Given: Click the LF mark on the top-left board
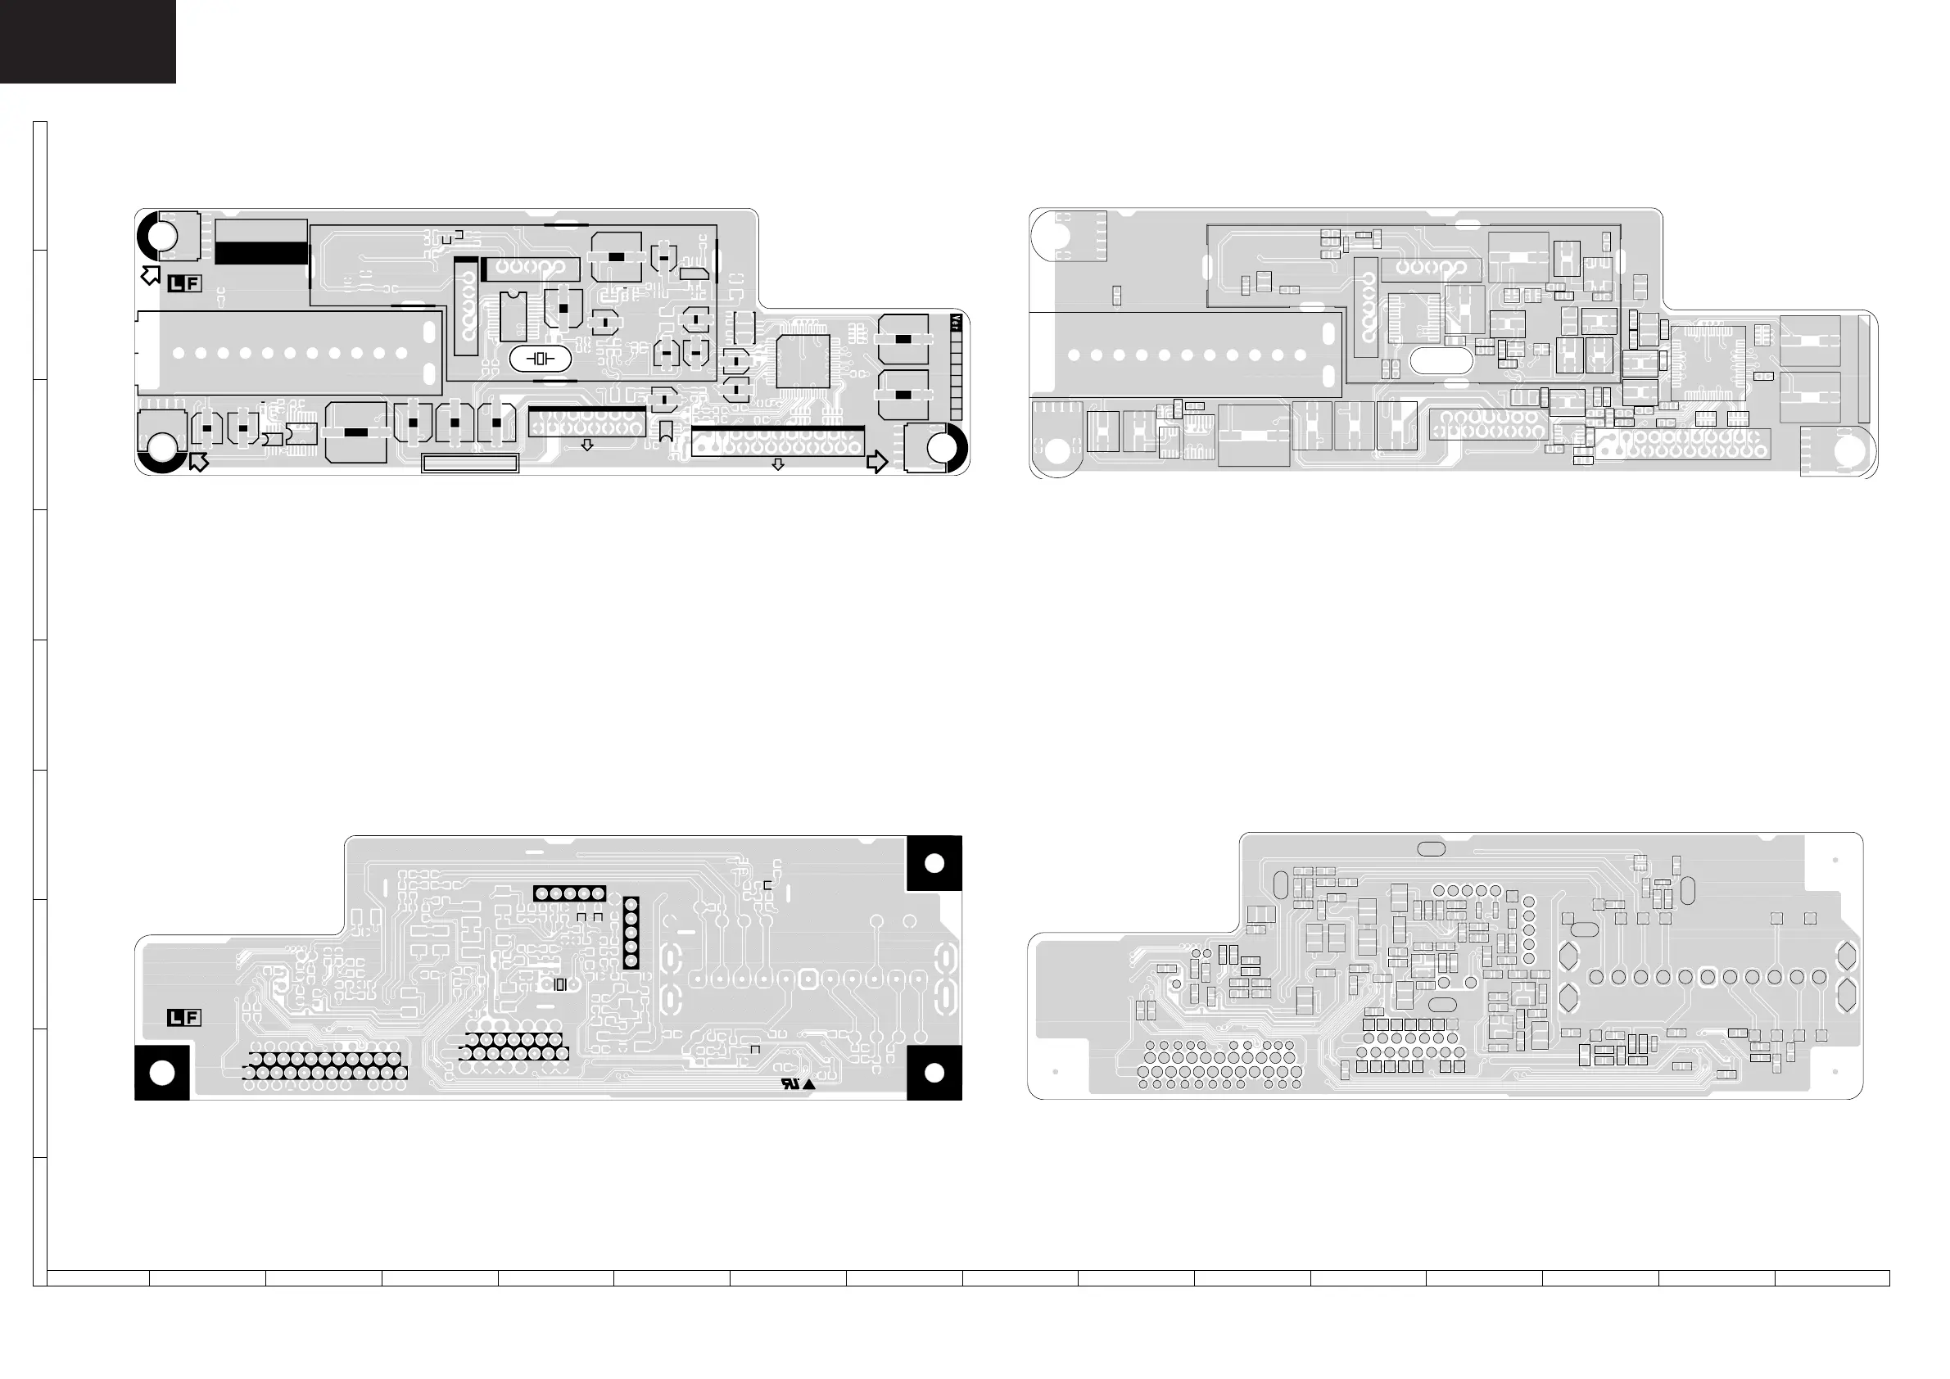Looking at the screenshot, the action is pos(184,283).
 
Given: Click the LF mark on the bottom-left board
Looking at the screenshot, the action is pos(184,1017).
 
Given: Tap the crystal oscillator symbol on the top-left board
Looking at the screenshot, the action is pos(541,359).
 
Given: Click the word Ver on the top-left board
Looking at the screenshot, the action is pos(956,323).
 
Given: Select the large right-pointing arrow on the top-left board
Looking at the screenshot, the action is pos(876,462).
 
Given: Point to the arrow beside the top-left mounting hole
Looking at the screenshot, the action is pos(152,274).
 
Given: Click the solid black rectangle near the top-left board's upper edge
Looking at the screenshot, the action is pos(260,252).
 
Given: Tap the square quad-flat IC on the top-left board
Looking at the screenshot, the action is pos(803,361).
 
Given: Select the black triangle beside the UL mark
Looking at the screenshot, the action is pos(808,1084).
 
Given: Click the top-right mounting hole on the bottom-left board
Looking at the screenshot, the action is pos(934,864).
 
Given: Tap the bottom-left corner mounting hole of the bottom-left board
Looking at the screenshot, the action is pos(161,1073).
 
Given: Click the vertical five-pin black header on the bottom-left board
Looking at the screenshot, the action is pos(630,933).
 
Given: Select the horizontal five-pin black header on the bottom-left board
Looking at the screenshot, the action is pos(569,893).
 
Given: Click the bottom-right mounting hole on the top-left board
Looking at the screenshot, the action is pos(940,447).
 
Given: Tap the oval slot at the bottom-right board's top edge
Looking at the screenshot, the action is pos(1431,848).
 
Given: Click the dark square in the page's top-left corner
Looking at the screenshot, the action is pos(88,41).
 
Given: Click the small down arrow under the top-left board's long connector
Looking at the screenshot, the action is pos(777,464).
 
